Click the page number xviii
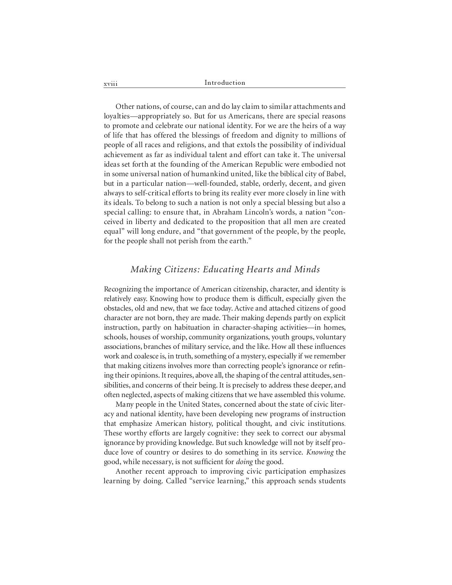click(x=110, y=84)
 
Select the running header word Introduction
click(x=225, y=83)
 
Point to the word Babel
click(x=336, y=174)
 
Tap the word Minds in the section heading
click(x=307, y=269)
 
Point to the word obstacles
click(x=119, y=308)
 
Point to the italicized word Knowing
click(x=320, y=452)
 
